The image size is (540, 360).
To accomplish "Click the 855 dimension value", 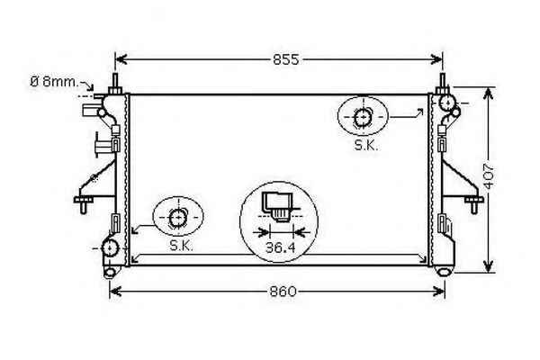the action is pos(286,59).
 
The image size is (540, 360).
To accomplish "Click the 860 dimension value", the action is pos(283,292).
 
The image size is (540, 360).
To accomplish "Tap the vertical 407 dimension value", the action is pos(489,176).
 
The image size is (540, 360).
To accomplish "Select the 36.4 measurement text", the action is pos(280,247).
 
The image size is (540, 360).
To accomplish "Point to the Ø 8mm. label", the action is pos(54,82).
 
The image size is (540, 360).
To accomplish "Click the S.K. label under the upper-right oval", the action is pos(366,146).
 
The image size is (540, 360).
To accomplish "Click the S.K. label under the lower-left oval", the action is pos(181,246).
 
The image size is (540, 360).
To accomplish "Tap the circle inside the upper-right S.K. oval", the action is pos(363,118).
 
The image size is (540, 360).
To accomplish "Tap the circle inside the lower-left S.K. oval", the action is pos(178,218).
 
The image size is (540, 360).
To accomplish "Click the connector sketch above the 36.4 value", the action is pos(277,206).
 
